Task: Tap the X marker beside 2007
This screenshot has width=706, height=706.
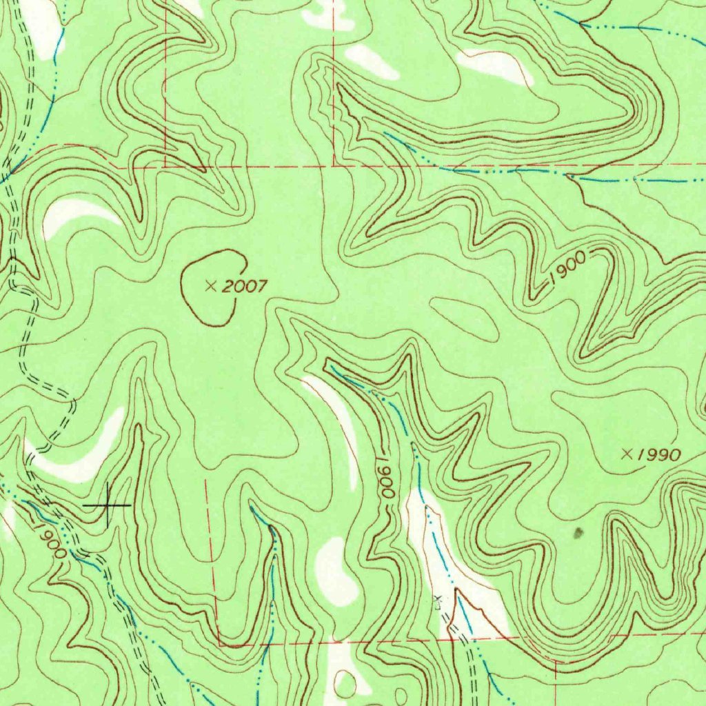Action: pos(211,286)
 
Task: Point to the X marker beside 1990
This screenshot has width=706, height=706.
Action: pos(627,453)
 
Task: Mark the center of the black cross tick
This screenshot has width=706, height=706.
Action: pos(108,505)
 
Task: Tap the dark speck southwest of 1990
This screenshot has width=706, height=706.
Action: pos(578,531)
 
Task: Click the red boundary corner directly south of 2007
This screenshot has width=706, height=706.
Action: pos(220,645)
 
